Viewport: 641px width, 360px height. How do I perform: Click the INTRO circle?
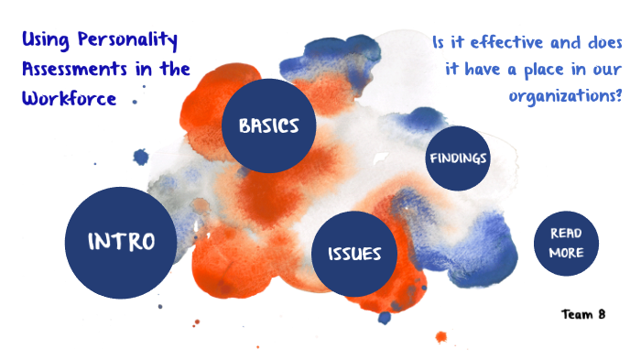click(x=120, y=242)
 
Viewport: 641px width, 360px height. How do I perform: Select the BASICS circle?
click(x=269, y=125)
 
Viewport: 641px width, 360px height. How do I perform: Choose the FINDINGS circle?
click(x=458, y=158)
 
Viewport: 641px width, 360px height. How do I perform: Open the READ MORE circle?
click(x=566, y=243)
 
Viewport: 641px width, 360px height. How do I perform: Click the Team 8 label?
click(x=584, y=314)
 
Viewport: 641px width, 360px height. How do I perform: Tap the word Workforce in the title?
click(x=69, y=96)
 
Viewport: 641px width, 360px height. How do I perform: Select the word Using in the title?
click(x=41, y=40)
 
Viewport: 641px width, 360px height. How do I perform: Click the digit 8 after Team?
click(x=601, y=314)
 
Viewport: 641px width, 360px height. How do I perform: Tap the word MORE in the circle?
click(x=566, y=253)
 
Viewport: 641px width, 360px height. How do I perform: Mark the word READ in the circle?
click(x=566, y=234)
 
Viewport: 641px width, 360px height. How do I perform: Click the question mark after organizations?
click(x=619, y=95)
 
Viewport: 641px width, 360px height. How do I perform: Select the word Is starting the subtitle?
click(x=440, y=42)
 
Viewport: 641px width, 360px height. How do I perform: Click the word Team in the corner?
click(x=577, y=314)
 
